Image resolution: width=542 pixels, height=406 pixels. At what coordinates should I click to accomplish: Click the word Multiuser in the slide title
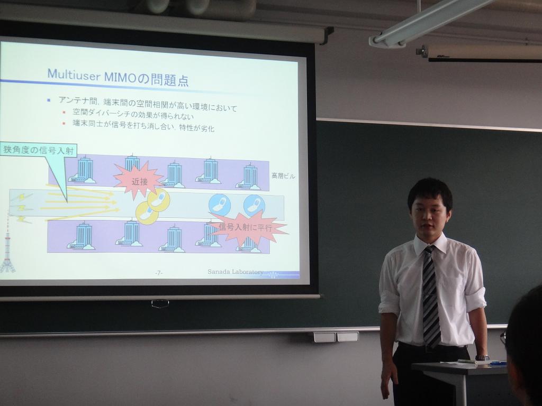(x=73, y=74)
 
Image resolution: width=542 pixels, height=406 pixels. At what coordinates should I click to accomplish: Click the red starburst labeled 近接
(x=139, y=180)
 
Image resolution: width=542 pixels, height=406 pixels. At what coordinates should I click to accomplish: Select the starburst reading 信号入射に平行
(x=247, y=228)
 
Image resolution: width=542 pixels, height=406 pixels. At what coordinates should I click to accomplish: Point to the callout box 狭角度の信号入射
(x=38, y=150)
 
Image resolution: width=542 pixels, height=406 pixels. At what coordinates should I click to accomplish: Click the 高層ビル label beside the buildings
(x=283, y=176)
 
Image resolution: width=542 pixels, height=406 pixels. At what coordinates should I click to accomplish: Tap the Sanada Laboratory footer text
(x=235, y=272)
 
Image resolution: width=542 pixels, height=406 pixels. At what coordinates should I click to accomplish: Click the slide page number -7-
(x=159, y=273)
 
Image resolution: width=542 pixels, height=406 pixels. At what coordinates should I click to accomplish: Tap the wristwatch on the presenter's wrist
(x=482, y=358)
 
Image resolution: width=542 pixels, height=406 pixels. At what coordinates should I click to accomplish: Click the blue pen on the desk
(x=498, y=363)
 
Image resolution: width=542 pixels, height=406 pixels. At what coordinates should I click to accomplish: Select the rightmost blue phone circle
(x=254, y=206)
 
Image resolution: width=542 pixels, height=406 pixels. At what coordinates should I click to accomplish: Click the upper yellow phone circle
(x=159, y=200)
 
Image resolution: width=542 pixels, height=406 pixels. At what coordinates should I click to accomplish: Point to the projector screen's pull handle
(x=160, y=304)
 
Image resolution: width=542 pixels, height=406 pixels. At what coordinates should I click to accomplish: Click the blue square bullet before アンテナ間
(x=49, y=100)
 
